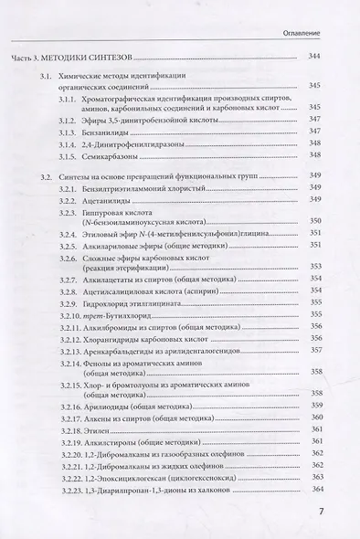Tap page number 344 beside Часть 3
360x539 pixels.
(x=317, y=57)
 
